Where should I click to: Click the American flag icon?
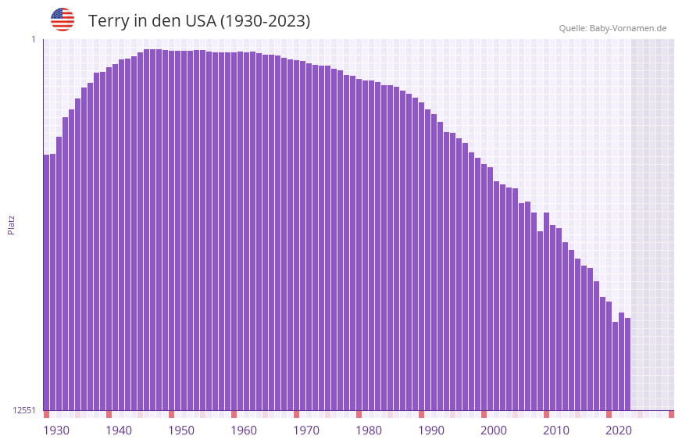click(62, 20)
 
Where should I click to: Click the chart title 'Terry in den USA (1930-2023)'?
click(199, 21)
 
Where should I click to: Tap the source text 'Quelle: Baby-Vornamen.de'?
click(612, 28)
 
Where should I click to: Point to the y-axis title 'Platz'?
click(11, 224)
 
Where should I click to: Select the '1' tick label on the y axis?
click(34, 39)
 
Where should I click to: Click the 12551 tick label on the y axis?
click(24, 410)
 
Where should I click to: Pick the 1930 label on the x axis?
click(56, 430)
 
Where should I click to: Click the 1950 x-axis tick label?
click(181, 430)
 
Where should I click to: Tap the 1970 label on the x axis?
click(306, 430)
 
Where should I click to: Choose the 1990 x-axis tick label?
click(431, 430)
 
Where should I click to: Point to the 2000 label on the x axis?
click(494, 430)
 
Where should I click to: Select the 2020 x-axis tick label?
click(619, 430)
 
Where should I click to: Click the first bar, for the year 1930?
click(47, 281)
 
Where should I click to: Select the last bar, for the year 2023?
click(627, 363)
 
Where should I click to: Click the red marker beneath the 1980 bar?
click(359, 414)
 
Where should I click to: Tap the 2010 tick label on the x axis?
click(556, 430)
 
